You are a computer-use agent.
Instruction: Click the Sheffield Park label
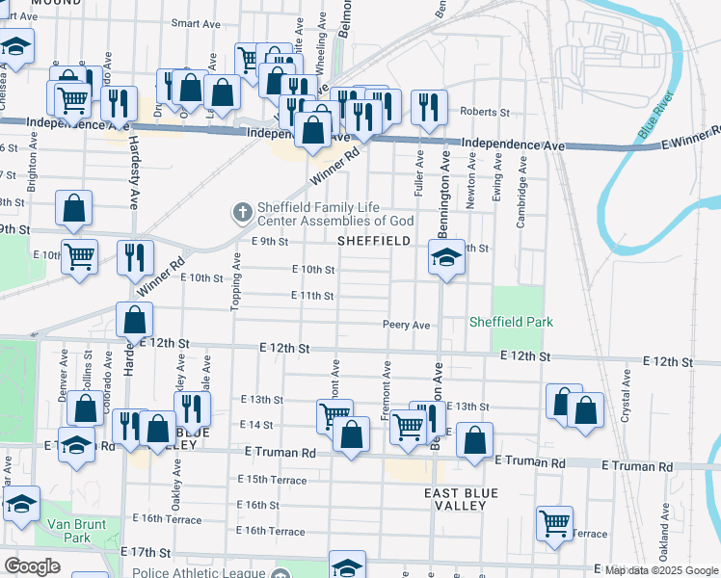(511, 322)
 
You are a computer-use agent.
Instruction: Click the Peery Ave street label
(406, 326)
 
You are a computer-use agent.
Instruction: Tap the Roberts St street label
(484, 112)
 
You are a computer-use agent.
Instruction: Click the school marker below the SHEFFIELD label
(446, 257)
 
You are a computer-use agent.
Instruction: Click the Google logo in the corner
(32, 566)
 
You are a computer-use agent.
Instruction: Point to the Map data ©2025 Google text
(661, 570)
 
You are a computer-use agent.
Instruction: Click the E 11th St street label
(313, 296)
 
